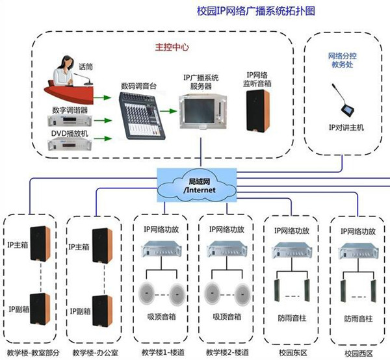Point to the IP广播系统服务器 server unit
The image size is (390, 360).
201,114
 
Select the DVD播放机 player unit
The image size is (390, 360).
70,143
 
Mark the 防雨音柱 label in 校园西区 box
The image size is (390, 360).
359,319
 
